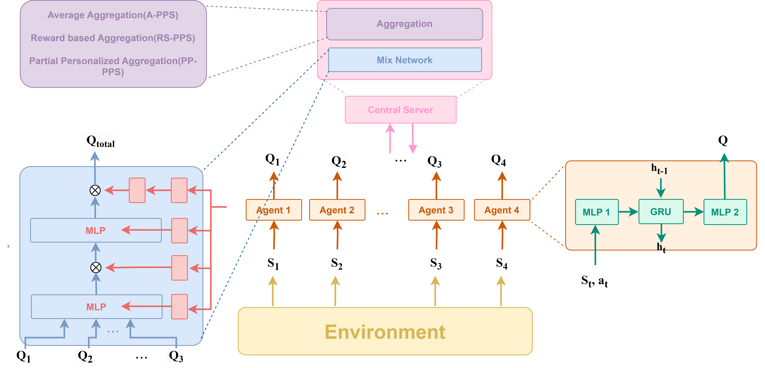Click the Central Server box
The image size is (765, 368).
coord(400,110)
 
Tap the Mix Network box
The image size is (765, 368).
coord(405,60)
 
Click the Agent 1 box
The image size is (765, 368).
coord(273,210)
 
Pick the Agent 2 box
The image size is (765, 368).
coord(337,210)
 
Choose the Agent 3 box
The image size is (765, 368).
coord(436,210)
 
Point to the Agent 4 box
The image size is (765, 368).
coord(502,210)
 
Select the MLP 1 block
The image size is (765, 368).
coord(596,212)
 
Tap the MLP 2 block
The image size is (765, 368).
coord(725,212)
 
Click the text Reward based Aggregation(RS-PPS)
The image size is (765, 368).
coord(113,38)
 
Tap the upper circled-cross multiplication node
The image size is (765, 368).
coord(95,190)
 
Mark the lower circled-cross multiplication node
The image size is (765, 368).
coord(96,267)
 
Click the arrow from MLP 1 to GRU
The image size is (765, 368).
coord(628,212)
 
